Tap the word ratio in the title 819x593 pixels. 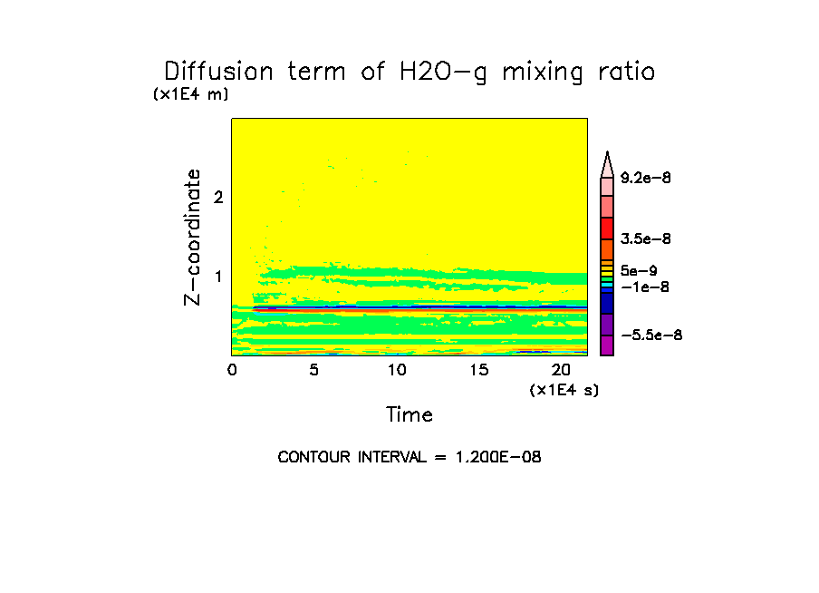pyautogui.click(x=624, y=72)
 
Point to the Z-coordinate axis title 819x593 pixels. pyautogui.click(x=192, y=237)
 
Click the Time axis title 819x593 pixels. pyautogui.click(x=409, y=415)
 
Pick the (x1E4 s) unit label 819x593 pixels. pyautogui.click(x=564, y=390)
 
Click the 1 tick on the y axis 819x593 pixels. pyautogui.click(x=218, y=277)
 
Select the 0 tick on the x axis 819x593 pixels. pyautogui.click(x=232, y=370)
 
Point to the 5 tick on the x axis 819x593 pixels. pyautogui.click(x=313, y=370)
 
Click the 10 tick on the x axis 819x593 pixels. pyautogui.click(x=396, y=370)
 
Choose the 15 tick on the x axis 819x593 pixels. pyautogui.click(x=478, y=370)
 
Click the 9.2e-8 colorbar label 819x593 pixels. pyautogui.click(x=645, y=179)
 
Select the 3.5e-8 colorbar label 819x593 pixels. pyautogui.click(x=645, y=239)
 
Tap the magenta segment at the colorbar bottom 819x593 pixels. pyautogui.click(x=607, y=345)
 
